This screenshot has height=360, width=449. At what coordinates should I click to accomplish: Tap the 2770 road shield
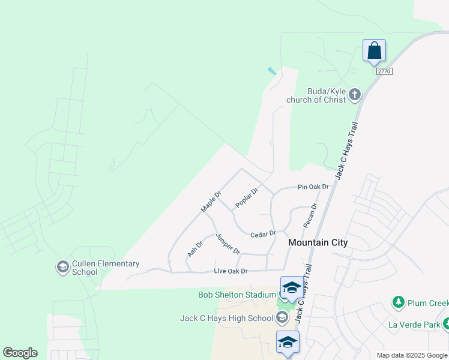384,71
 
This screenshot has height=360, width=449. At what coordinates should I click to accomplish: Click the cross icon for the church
355,94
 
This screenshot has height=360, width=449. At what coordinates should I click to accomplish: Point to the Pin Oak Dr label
314,187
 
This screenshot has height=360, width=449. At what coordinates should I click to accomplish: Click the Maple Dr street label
211,202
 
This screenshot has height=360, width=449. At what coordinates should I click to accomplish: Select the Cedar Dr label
263,234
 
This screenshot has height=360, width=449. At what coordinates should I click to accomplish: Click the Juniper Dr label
228,243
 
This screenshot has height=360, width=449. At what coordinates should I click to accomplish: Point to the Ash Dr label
195,248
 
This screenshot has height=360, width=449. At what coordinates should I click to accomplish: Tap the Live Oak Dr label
231,272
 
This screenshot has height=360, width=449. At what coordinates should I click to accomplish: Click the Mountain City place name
318,242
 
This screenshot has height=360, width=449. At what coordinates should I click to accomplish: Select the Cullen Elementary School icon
62,266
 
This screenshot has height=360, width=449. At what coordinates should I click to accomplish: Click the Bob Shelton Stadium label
237,295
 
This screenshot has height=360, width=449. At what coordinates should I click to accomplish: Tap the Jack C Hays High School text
226,318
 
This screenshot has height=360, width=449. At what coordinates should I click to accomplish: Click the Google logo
20,353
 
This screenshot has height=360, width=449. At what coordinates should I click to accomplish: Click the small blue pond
273,71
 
